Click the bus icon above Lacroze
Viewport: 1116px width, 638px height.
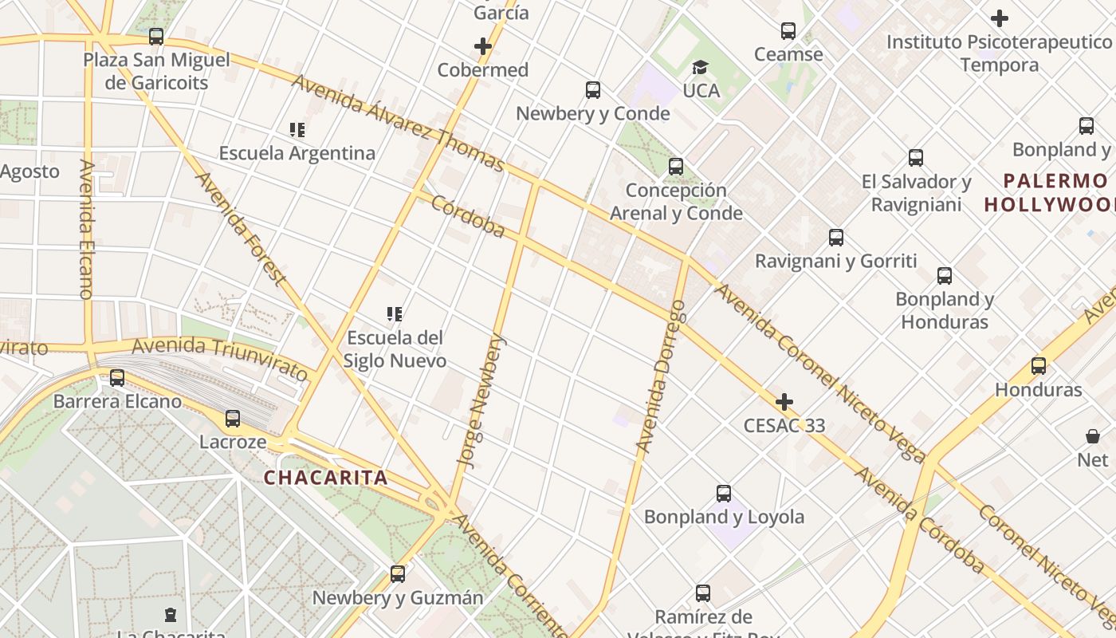coord(233,419)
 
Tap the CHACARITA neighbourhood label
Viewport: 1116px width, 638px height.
coord(325,478)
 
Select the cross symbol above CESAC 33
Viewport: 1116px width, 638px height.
coord(784,401)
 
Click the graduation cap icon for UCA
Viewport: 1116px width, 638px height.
coord(700,67)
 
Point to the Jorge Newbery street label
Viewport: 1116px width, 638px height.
coord(481,399)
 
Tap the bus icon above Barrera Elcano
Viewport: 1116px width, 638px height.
coord(117,378)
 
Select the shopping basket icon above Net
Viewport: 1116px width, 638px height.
coord(1092,436)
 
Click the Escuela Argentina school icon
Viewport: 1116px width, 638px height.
coord(297,129)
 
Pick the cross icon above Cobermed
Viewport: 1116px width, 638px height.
coord(483,46)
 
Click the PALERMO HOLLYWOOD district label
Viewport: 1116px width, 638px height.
coord(1049,192)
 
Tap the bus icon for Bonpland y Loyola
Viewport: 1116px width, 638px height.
coord(724,494)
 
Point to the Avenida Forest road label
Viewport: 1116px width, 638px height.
coord(240,228)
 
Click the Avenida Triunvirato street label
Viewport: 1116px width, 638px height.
coord(219,358)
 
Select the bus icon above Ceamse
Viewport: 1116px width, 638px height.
coord(788,31)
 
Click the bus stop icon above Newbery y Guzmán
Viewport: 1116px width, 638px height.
coord(397,574)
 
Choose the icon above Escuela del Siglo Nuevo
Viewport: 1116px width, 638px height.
coord(395,314)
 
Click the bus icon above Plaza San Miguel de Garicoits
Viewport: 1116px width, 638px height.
coord(156,37)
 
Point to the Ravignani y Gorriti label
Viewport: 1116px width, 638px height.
coord(835,261)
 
